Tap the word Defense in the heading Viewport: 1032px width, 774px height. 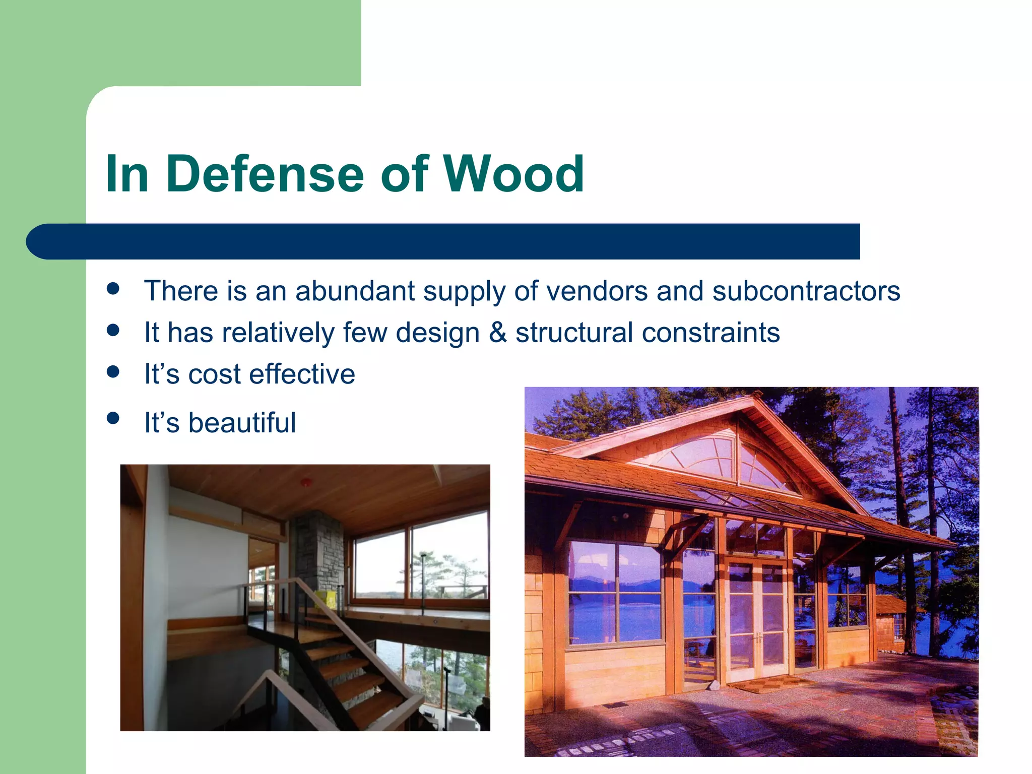pos(265,174)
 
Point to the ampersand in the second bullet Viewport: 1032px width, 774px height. pos(497,333)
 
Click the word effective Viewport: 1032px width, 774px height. pos(302,374)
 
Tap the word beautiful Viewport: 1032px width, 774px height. pos(242,422)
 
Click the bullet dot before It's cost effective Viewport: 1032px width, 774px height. pos(113,372)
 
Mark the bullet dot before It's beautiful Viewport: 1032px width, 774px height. pos(113,418)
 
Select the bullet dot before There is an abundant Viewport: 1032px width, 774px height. pos(113,289)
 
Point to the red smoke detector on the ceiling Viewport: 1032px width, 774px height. pos(305,483)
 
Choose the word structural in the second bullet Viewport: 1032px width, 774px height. pos(574,333)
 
